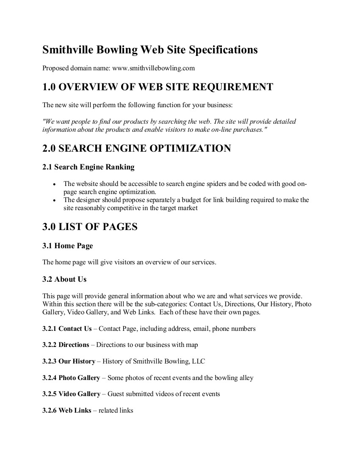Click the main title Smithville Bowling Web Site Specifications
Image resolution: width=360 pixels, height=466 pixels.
coord(150,50)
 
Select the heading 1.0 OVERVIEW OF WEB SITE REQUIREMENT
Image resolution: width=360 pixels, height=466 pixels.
coord(158,87)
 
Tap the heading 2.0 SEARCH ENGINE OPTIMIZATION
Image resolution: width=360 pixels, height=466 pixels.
coord(136,149)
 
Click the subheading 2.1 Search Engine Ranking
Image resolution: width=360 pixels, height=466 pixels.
coord(88,167)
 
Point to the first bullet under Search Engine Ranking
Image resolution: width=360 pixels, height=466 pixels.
coord(54,184)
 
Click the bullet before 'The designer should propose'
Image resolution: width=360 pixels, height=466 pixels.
coord(54,200)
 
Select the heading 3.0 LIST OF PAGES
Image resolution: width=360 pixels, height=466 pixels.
coord(90,227)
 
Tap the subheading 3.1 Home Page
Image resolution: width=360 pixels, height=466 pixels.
coord(67,246)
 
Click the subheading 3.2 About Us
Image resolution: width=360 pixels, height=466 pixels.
coord(64,279)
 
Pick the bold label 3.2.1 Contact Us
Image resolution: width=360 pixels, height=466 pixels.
coord(67,328)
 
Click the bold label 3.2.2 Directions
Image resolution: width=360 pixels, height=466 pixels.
coord(66,345)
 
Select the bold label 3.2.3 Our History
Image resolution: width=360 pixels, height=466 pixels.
coord(69,361)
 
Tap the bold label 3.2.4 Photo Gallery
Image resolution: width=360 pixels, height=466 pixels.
coord(71,377)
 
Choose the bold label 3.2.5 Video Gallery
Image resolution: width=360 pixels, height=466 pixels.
coord(71,394)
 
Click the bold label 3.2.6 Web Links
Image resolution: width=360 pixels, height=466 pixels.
coord(66,410)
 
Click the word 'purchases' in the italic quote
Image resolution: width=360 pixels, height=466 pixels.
coord(249,130)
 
